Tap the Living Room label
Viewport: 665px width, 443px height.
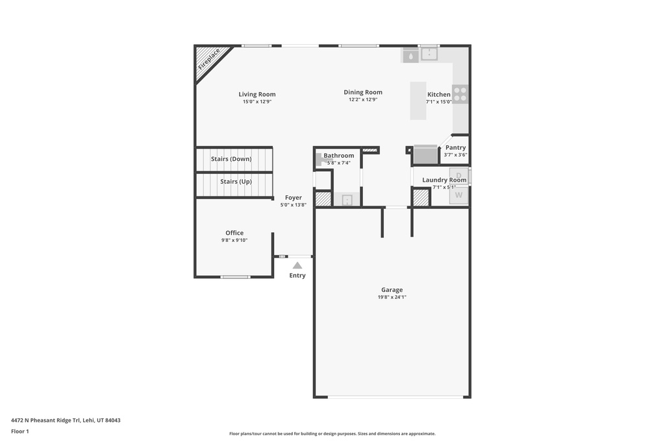click(257, 95)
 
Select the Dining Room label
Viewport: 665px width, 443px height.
click(363, 93)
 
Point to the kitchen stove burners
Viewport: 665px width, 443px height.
click(460, 94)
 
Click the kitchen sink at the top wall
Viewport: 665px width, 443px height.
click(429, 54)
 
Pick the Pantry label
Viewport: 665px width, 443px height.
click(455, 148)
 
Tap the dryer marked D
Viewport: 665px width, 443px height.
click(458, 176)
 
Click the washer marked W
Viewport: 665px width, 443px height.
click(458, 195)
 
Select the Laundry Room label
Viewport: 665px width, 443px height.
click(444, 180)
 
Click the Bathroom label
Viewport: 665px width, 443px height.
click(339, 156)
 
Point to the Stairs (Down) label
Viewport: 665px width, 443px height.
click(231, 159)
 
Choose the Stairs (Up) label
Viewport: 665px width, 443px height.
click(236, 182)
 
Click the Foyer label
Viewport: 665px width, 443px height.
click(294, 198)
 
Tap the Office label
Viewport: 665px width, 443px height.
click(234, 233)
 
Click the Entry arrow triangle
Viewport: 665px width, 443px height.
click(297, 265)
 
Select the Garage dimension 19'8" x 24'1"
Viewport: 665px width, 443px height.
click(392, 297)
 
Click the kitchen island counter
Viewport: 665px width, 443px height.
click(418, 101)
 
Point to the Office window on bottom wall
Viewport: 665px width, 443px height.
click(235, 277)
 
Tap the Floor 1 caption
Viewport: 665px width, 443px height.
click(20, 431)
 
